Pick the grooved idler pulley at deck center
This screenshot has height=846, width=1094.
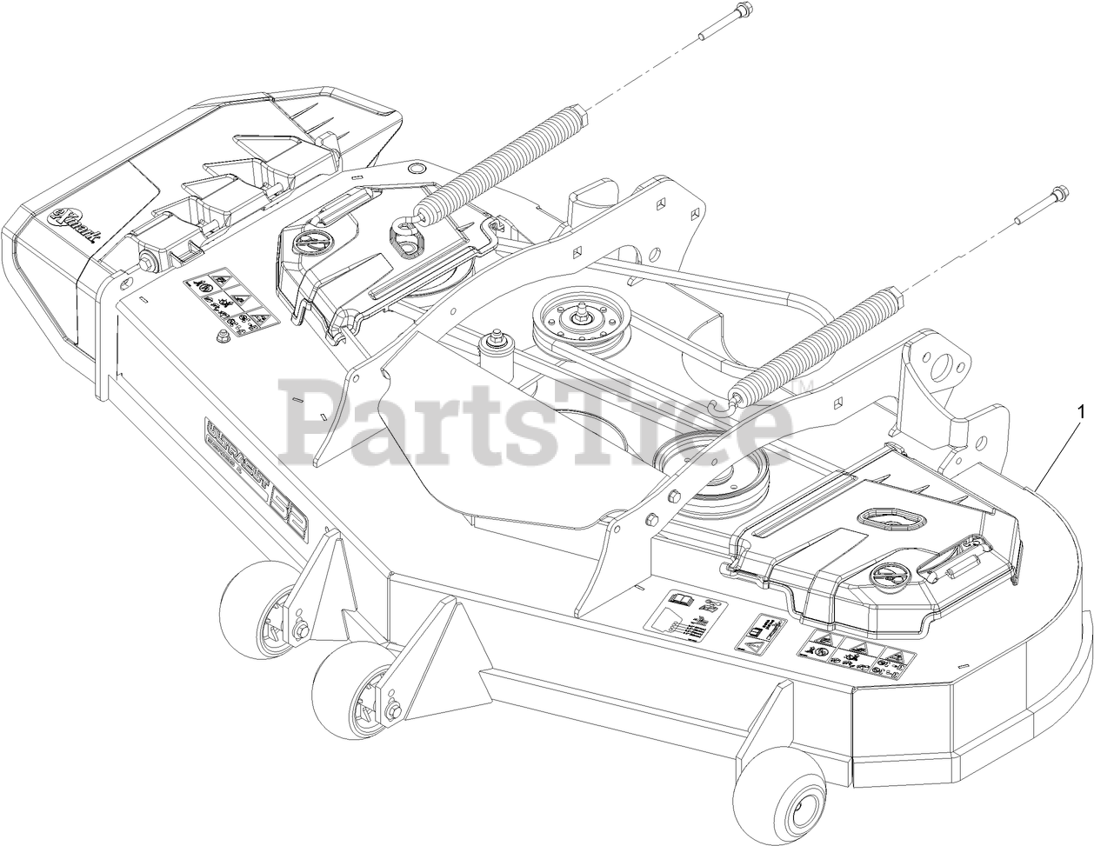point(575,319)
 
